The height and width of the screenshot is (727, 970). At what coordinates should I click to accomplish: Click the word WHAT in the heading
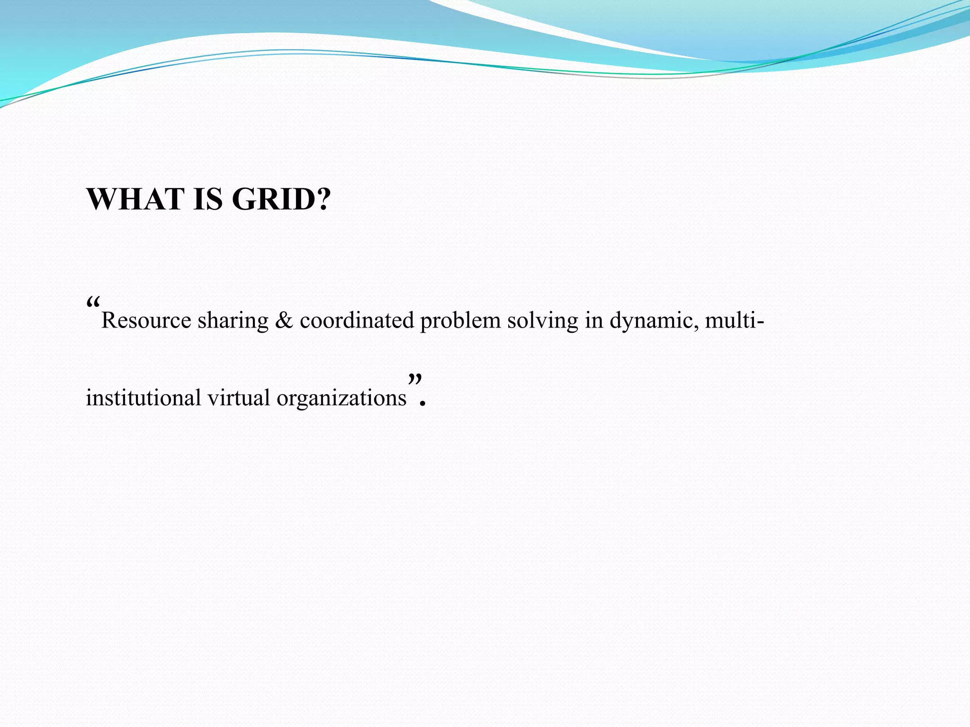point(135,199)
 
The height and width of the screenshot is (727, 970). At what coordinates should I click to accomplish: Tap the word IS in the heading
point(208,199)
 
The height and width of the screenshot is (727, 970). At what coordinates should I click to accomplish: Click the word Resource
point(146,320)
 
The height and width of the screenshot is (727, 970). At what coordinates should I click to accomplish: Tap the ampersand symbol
point(284,320)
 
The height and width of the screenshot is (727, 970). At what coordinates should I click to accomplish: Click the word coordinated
point(357,320)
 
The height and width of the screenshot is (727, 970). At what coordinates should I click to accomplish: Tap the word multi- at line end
point(734,320)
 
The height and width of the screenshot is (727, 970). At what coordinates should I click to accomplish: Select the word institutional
point(144,398)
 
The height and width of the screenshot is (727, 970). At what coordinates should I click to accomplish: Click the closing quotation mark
point(415,379)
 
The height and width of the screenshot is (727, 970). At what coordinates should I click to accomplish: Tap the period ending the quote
point(423,404)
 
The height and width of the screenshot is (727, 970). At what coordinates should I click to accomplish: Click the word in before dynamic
point(593,320)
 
